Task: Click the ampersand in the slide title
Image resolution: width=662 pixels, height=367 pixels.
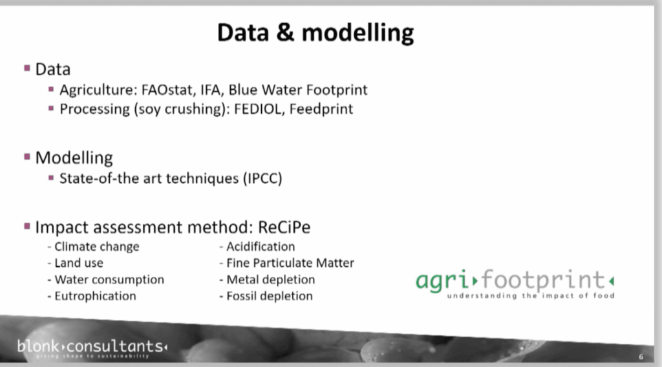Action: click(x=285, y=32)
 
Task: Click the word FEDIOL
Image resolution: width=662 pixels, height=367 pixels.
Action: click(x=259, y=109)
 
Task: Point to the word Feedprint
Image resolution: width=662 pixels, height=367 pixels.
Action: click(x=321, y=109)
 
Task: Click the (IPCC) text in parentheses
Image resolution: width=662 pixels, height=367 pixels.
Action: click(x=262, y=178)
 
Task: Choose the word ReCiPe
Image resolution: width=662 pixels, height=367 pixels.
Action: click(x=284, y=227)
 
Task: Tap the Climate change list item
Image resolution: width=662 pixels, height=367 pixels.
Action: click(x=93, y=247)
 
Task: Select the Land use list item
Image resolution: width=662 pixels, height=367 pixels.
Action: click(x=75, y=263)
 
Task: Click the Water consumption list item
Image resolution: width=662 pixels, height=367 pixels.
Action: click(x=105, y=280)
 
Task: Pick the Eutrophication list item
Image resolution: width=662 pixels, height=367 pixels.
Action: click(x=92, y=296)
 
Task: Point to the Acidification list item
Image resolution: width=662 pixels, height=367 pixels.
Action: click(x=257, y=246)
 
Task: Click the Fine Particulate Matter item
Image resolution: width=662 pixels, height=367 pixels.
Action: click(x=286, y=263)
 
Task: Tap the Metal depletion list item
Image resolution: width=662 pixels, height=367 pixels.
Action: click(x=267, y=280)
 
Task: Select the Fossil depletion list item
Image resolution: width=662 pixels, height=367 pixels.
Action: click(x=266, y=296)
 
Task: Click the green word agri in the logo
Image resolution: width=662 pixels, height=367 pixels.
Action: click(x=442, y=280)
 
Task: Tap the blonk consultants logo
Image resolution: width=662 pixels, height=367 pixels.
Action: click(x=92, y=348)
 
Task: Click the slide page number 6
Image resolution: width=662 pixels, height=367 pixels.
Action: click(x=641, y=357)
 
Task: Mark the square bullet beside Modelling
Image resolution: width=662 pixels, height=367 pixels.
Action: click(x=27, y=157)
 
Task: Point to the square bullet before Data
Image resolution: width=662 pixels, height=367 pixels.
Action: click(x=27, y=68)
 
